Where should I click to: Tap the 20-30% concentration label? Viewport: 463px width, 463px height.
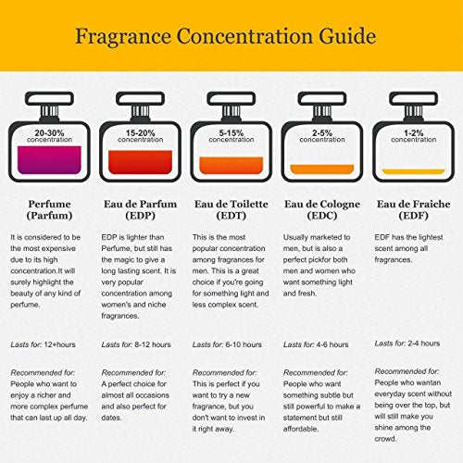(x=49, y=135)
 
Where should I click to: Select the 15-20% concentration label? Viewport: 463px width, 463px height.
(x=140, y=135)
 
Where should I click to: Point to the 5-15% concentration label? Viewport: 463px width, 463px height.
(x=231, y=135)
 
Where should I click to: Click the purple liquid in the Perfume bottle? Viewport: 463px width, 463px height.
(x=49, y=159)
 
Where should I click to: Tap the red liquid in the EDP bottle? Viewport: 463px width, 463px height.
(x=140, y=162)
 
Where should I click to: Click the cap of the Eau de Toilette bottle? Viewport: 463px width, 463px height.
(x=231, y=102)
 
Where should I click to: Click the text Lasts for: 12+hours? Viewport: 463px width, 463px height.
(x=45, y=344)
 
